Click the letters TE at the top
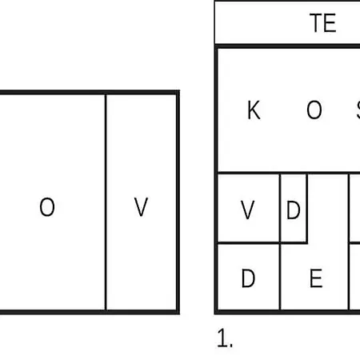click(x=323, y=23)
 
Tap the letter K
click(x=254, y=110)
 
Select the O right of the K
click(x=314, y=110)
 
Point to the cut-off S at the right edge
click(x=358, y=110)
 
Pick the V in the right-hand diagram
click(x=247, y=210)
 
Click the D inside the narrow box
click(x=294, y=210)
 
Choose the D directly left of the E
click(x=248, y=278)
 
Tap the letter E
click(x=316, y=278)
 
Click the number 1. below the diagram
click(x=225, y=338)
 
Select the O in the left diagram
click(x=47, y=206)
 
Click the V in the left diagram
click(x=141, y=206)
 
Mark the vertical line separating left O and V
click(x=106, y=202)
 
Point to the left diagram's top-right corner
click(x=178, y=92)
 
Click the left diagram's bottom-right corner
click(x=178, y=312)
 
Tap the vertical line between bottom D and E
click(x=280, y=276)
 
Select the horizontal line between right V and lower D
click(x=249, y=242)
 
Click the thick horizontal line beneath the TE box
click(x=287, y=46)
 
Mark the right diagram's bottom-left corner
click(x=216, y=312)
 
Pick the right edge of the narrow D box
click(x=306, y=209)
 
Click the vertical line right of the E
click(x=349, y=242)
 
